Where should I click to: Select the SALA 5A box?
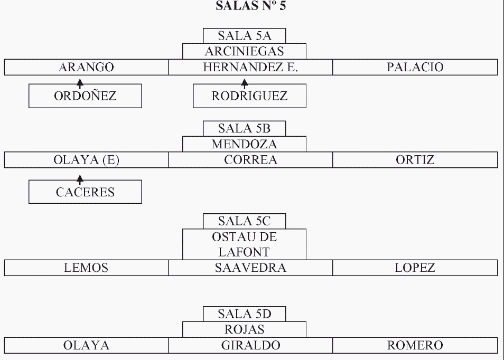244,36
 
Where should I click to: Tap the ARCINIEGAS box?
244,51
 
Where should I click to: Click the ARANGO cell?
86,67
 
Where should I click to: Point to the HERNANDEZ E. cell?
250,67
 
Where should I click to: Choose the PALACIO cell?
415,67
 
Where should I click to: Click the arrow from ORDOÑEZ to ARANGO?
80,82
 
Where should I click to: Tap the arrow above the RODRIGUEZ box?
244,82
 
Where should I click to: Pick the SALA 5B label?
244,128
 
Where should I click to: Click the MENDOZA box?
244,144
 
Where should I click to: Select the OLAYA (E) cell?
86,160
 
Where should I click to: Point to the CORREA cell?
250,160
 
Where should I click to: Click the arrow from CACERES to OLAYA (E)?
80,181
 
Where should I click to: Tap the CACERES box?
85,192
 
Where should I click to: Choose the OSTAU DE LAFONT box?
244,244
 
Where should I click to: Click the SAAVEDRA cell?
250,268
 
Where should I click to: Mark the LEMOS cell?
86,268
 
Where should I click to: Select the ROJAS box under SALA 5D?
244,330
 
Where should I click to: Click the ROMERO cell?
415,346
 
